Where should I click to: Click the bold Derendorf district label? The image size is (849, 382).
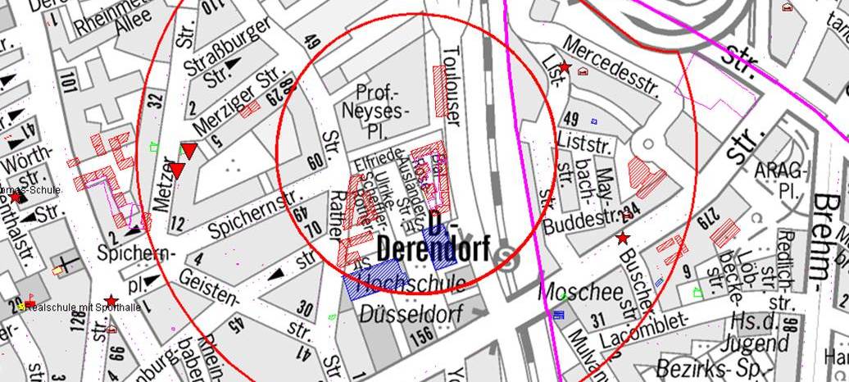coord(434,248)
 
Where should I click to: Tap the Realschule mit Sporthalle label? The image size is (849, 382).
coord(83,307)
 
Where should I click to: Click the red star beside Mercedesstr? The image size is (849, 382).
coord(564,66)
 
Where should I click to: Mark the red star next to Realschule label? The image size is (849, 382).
coord(111,301)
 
